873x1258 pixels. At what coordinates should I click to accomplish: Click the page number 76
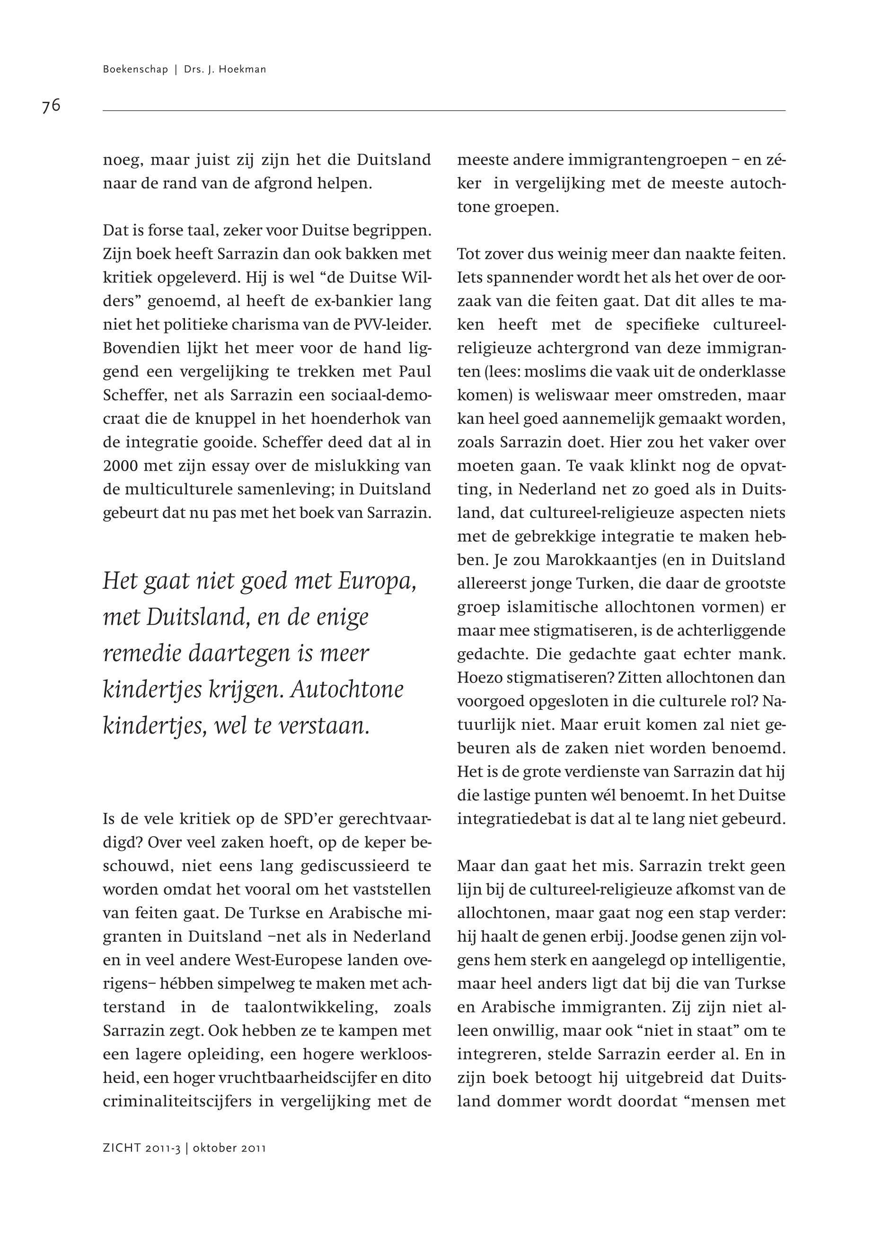click(51, 105)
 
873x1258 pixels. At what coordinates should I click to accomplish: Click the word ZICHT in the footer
click(122, 1148)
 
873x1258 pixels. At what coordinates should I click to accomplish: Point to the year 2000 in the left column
click(119, 466)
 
